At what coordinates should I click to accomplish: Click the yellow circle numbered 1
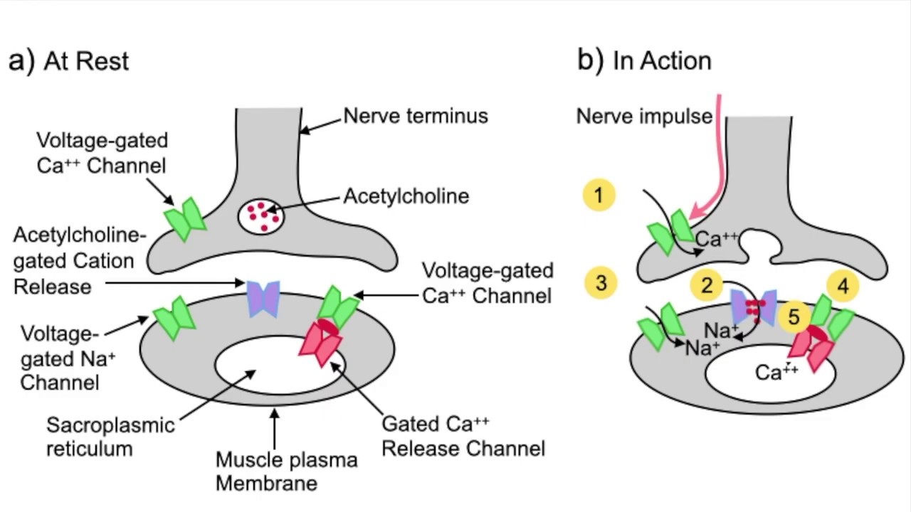pos(599,195)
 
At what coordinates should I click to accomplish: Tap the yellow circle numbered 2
pos(707,285)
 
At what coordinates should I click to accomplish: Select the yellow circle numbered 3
pos(601,282)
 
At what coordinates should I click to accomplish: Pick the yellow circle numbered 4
pos(843,286)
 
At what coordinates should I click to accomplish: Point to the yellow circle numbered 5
pos(794,317)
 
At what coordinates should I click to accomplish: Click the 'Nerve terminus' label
pos(416,116)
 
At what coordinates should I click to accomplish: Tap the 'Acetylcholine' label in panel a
pos(406,196)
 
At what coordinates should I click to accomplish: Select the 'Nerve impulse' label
pos(644,116)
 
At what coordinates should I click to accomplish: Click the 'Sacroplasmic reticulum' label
pos(110,437)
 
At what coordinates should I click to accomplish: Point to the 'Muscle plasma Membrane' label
pos(286,471)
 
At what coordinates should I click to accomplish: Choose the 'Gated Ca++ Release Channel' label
pos(463,436)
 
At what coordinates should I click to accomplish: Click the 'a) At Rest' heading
pos(69,61)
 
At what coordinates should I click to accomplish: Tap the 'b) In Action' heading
pos(644,61)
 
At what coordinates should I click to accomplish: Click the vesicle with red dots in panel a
pos(261,215)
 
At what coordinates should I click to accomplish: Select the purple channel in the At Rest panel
pos(263,299)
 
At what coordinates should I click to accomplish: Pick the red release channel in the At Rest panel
pos(320,346)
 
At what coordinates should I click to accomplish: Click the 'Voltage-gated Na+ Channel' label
pos(68,358)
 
